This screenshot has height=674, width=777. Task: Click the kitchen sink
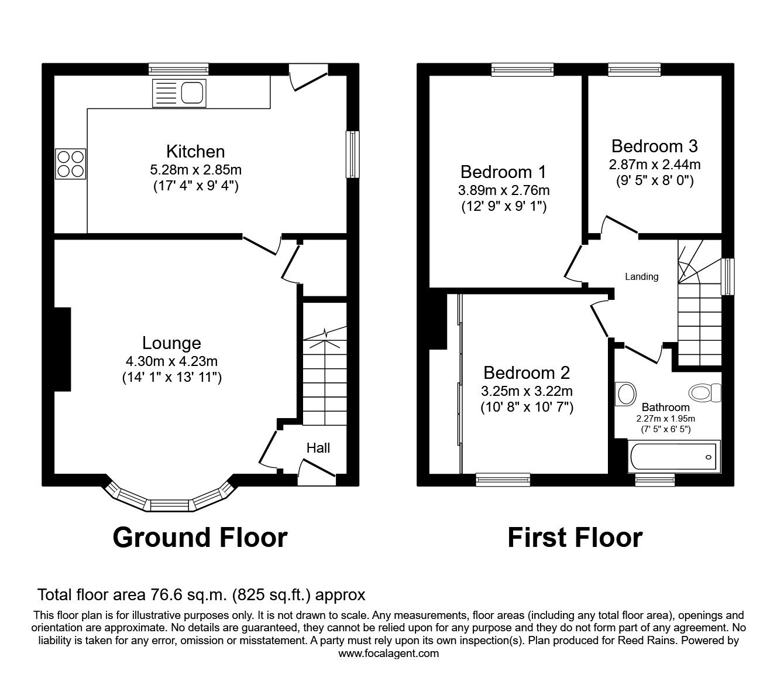tap(180, 93)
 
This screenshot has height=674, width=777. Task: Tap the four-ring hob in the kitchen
tap(71, 163)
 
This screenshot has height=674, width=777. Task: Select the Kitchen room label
tap(195, 152)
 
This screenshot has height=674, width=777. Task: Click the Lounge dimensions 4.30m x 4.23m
tap(171, 361)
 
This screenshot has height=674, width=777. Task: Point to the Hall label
tap(318, 448)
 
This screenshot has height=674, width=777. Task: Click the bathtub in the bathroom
tap(673, 457)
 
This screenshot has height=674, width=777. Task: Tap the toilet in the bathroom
tap(705, 392)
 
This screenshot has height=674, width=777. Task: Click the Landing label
tap(641, 276)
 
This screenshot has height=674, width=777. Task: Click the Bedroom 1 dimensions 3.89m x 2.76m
tap(503, 190)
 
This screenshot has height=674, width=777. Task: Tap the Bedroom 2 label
tap(527, 372)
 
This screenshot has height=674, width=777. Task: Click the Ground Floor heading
tap(200, 537)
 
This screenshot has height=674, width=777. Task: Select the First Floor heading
tap(575, 537)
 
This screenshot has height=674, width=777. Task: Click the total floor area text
tap(201, 595)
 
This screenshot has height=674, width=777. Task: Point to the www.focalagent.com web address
tap(388, 653)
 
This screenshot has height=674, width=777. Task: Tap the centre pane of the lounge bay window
tap(170, 505)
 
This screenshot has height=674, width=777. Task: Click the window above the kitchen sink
tap(178, 70)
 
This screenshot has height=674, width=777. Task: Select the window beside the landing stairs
tap(728, 276)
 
